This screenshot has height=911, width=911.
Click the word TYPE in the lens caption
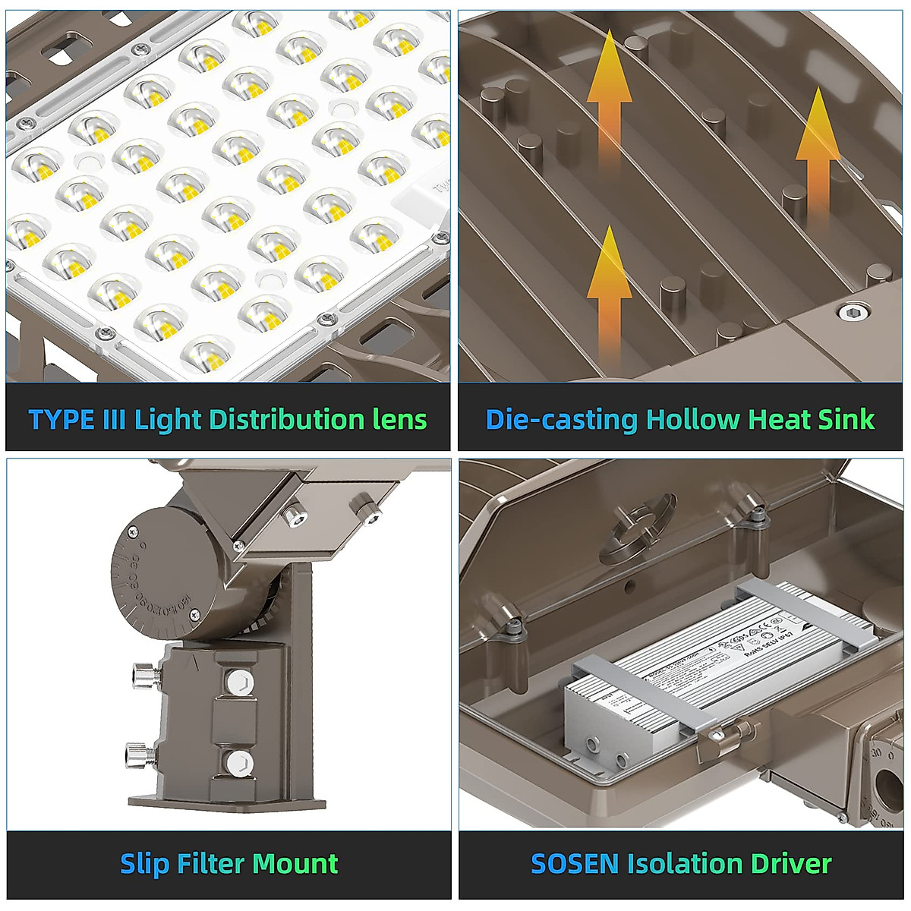61,420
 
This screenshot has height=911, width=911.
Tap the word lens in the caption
399,420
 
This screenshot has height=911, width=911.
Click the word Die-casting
561,420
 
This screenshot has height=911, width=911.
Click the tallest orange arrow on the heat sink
610,99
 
